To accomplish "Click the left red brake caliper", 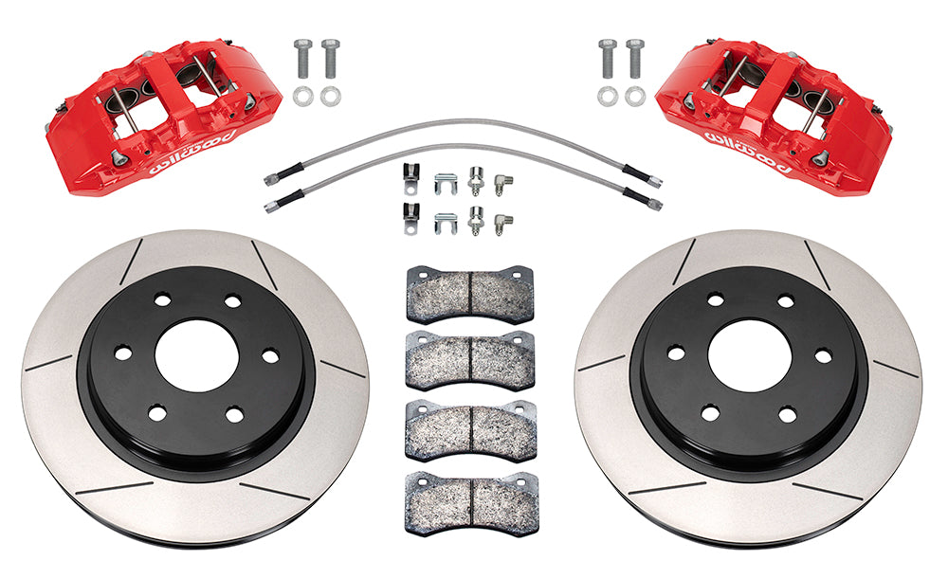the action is pos(163,118).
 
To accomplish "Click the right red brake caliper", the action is pos(774,118).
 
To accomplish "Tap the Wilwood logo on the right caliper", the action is pos(749,151).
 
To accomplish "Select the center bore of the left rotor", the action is pos(194,356).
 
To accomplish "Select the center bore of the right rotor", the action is pos(748,356).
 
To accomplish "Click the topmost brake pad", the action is pos(470,295).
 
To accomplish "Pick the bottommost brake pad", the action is pos(471,503).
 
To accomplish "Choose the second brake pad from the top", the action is pos(470,361).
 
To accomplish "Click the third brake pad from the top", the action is pos(471,431).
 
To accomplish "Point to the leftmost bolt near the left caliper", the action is pos(302,59).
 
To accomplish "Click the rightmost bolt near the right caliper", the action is pos(635,59).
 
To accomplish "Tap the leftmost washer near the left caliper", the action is pos(301,96).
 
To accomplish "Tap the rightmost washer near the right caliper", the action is pos(635,96).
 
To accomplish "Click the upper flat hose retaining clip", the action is pos(445,184).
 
